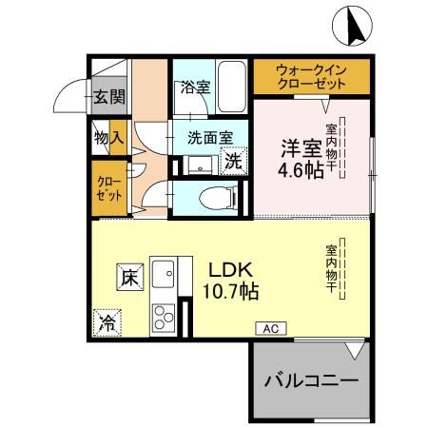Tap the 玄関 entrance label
(x=109, y=96)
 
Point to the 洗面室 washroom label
(x=209, y=136)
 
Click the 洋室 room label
(x=298, y=148)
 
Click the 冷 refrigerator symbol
(x=107, y=321)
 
